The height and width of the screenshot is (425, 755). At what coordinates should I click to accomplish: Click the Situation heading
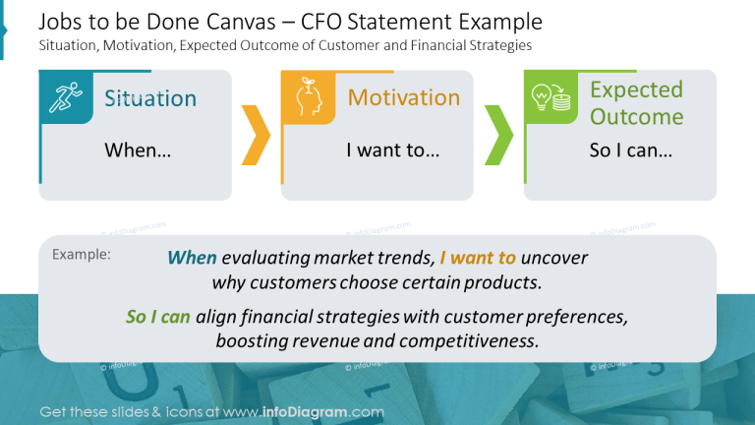[150, 98]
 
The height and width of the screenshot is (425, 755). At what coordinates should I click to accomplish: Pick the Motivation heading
[403, 97]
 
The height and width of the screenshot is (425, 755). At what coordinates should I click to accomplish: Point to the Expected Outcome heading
[636, 103]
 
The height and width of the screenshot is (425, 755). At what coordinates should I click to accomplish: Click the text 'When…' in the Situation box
[138, 151]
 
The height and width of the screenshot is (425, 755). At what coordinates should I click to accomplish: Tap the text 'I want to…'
[392, 151]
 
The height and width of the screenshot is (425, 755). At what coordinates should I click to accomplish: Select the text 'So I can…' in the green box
[630, 151]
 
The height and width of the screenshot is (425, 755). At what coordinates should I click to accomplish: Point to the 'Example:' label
[81, 254]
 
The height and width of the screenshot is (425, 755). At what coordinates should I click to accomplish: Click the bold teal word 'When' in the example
[192, 259]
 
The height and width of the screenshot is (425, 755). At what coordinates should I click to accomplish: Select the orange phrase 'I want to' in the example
[478, 259]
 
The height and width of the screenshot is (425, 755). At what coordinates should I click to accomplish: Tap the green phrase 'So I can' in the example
[158, 317]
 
